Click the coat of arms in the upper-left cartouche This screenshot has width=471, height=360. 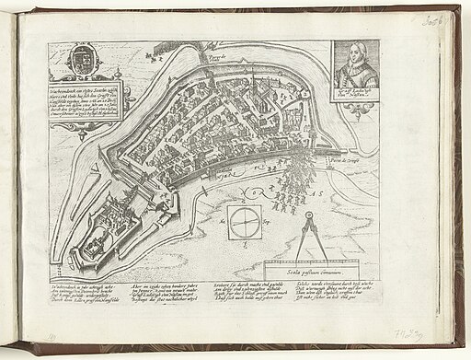point(75,63)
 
